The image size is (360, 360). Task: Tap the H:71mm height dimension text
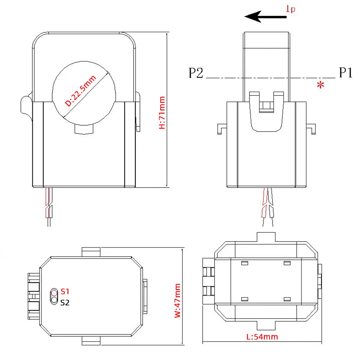click(162, 112)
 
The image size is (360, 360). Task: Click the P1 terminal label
click(345, 73)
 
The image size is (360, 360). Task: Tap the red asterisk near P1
click(320, 85)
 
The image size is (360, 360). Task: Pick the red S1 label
click(65, 291)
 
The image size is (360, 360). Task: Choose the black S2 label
click(65, 302)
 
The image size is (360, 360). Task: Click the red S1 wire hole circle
click(54, 292)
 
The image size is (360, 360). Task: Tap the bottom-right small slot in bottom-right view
click(287, 299)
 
